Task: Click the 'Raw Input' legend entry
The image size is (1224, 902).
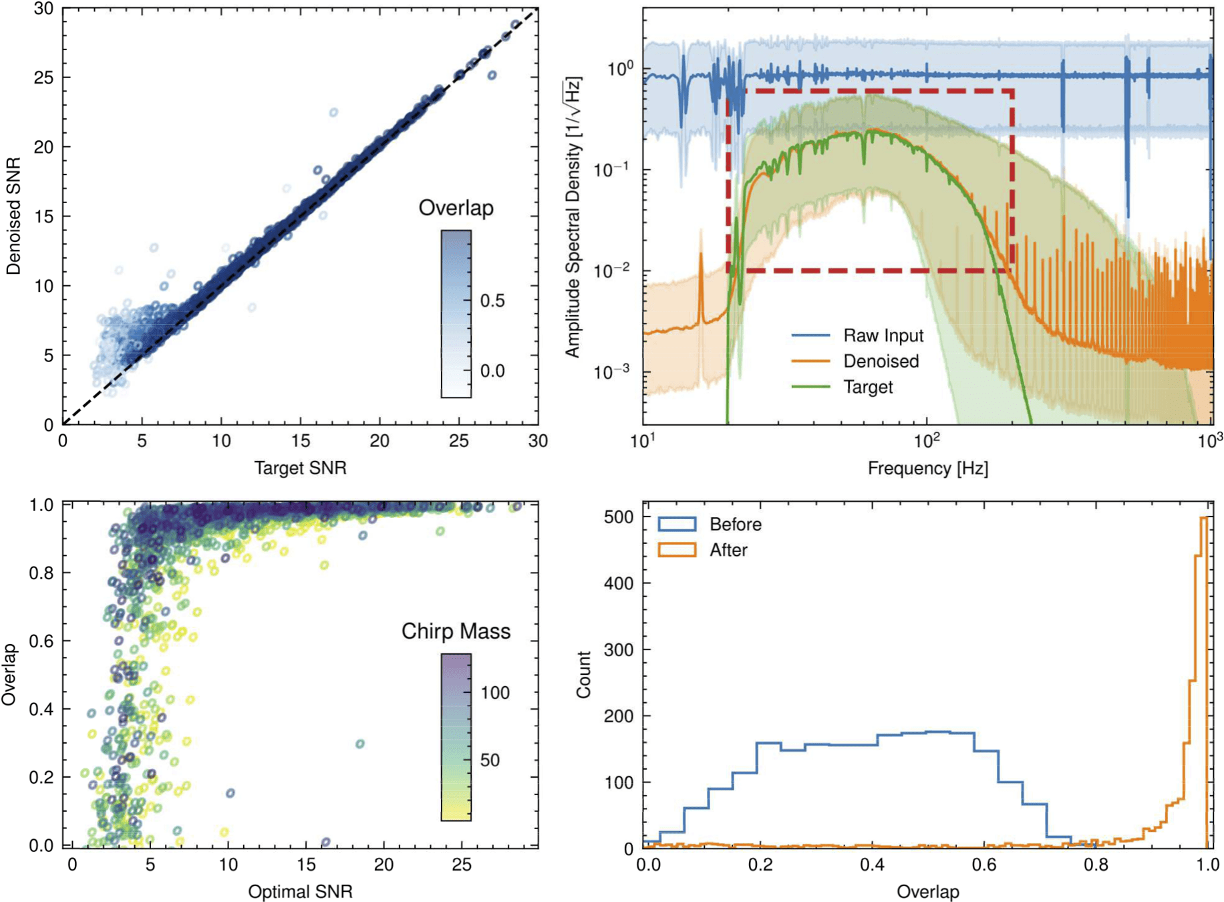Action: click(883, 335)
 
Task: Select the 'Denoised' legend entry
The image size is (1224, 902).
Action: click(881, 361)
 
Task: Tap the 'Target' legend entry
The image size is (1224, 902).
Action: click(867, 388)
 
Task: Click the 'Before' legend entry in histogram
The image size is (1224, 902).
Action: click(735, 524)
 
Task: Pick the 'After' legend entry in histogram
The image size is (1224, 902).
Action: click(728, 551)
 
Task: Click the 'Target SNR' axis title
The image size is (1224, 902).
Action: click(300, 468)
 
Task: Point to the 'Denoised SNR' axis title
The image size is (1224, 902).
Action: click(13, 216)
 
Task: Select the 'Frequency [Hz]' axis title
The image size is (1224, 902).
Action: click(927, 468)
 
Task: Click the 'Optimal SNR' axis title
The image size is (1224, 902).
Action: click(300, 891)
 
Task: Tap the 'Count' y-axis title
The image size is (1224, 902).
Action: click(584, 675)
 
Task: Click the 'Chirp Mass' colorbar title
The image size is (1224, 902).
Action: click(456, 631)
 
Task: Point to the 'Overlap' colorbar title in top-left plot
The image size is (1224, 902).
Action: click(456, 208)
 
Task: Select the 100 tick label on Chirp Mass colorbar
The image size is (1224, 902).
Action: click(495, 693)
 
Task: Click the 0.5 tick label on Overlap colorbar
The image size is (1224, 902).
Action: click(492, 301)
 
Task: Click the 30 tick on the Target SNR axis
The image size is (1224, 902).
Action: click(538, 441)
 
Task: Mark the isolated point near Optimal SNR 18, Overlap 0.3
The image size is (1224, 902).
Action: click(359, 744)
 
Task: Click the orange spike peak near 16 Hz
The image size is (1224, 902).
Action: click(701, 255)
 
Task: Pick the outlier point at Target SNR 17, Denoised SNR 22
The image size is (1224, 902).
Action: click(333, 112)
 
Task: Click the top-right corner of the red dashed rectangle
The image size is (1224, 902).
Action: click(1012, 91)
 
